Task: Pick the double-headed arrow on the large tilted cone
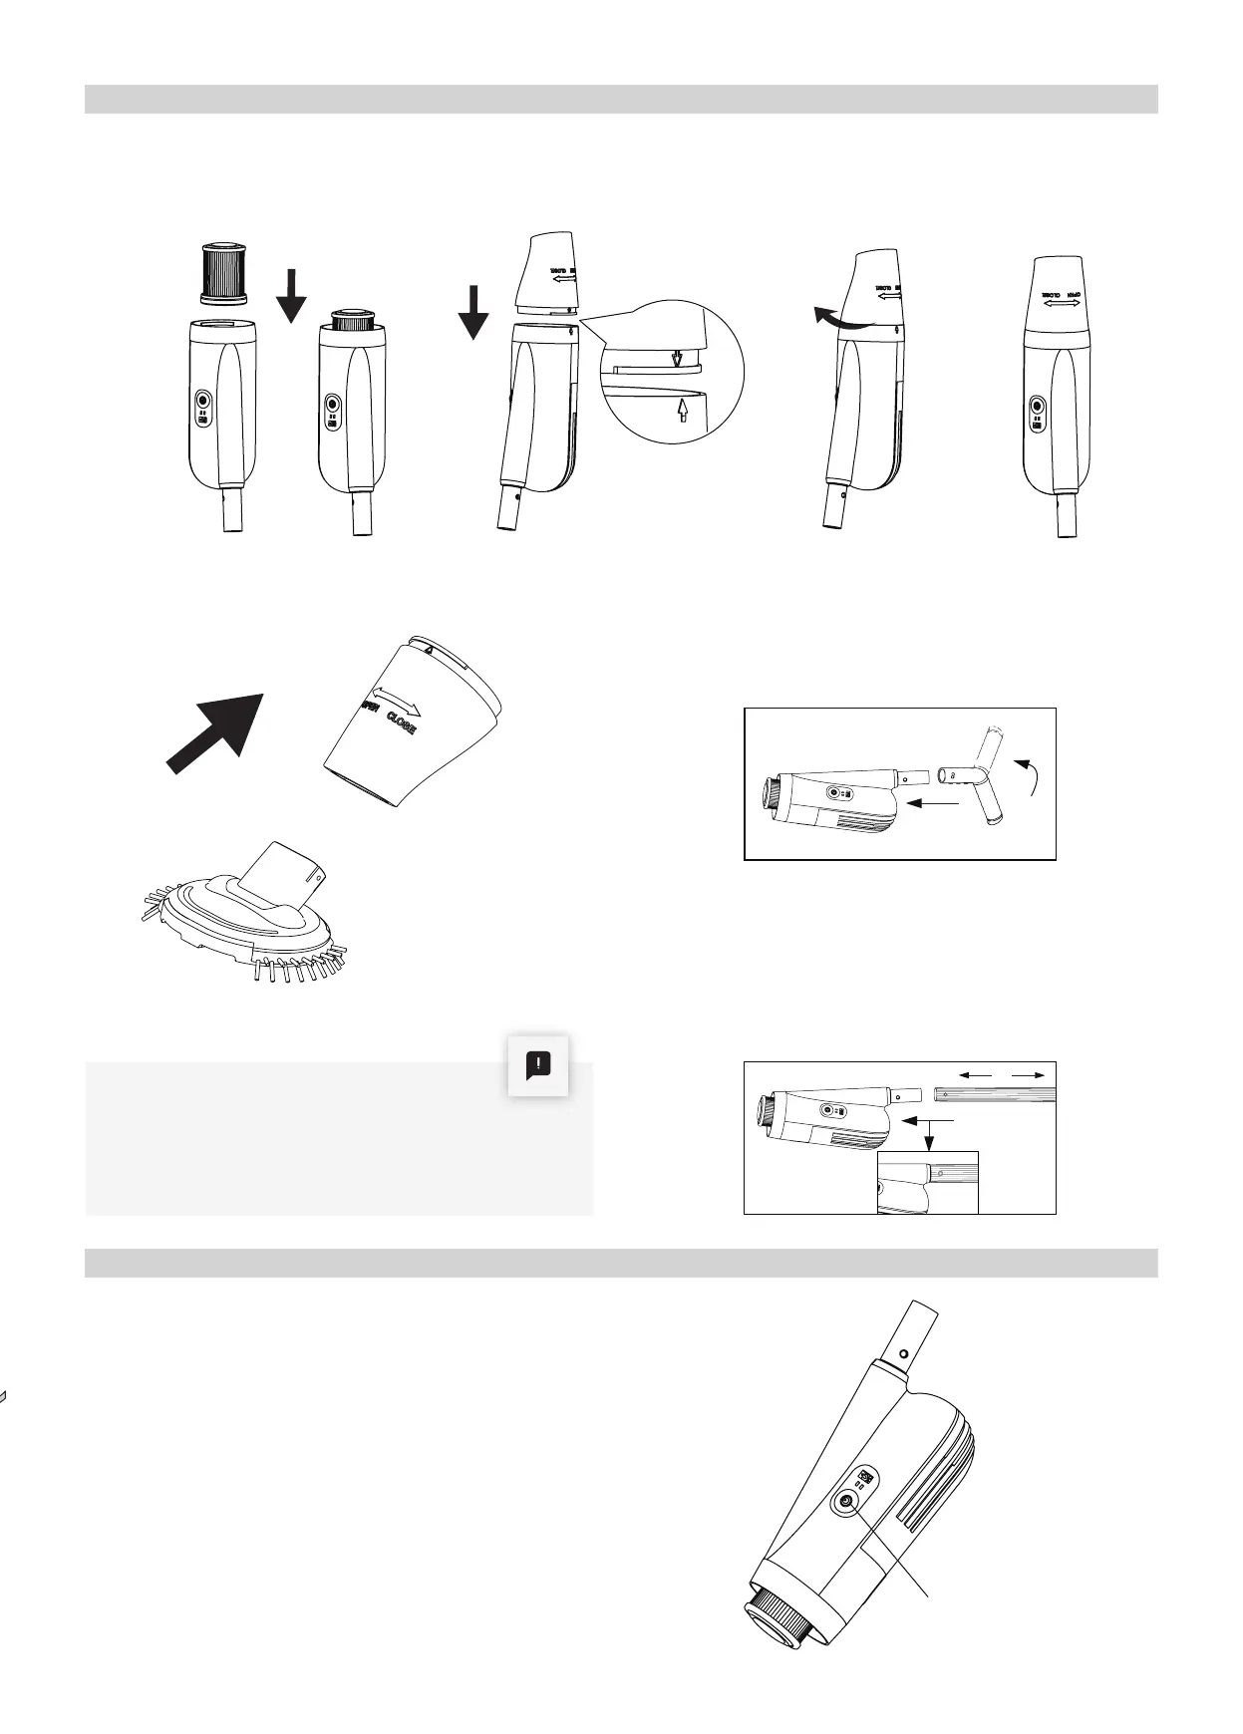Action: click(396, 700)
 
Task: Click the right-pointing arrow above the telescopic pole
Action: click(1029, 1074)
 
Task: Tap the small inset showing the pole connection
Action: click(927, 1182)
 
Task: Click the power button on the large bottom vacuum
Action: click(848, 1504)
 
